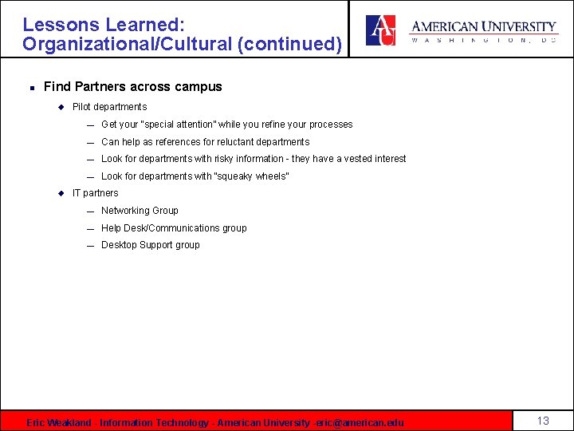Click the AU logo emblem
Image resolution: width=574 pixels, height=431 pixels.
click(x=380, y=30)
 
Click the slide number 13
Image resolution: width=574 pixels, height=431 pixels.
click(x=543, y=421)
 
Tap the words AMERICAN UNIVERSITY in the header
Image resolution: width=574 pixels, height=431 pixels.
click(x=483, y=27)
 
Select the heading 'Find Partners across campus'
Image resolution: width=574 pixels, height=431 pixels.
click(x=132, y=86)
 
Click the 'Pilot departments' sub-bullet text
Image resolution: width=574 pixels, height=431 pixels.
click(x=109, y=107)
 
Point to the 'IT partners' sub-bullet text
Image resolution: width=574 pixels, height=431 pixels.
click(x=95, y=193)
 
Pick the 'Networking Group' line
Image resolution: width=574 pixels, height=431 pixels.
click(x=140, y=211)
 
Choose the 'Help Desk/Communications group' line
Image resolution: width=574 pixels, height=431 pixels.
click(x=174, y=228)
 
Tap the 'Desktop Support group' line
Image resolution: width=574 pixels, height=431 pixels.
click(x=150, y=245)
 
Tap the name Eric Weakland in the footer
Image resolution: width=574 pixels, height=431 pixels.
click(x=58, y=422)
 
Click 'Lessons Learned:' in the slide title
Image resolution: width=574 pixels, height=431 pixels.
click(x=104, y=26)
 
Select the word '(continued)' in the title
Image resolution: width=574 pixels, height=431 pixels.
click(x=290, y=44)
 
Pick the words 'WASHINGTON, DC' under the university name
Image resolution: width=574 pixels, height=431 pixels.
click(x=483, y=41)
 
